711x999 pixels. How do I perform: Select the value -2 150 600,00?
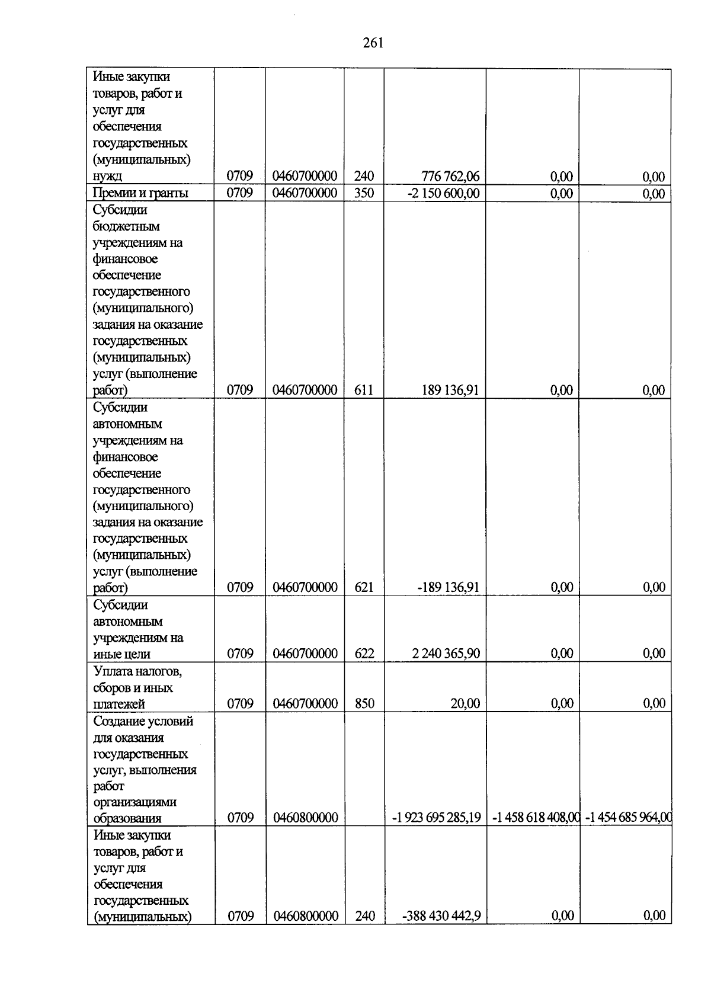point(444,193)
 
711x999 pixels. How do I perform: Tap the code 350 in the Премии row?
point(364,193)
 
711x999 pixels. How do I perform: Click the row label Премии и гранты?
point(141,193)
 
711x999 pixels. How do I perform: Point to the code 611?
point(364,390)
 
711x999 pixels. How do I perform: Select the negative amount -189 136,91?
point(448,587)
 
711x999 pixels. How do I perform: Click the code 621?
point(364,587)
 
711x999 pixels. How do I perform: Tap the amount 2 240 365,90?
point(446,654)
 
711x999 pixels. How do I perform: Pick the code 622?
point(364,654)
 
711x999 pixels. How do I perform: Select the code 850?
point(364,703)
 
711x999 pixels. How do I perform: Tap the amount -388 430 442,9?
point(441,916)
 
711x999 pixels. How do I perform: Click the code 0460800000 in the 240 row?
point(306,916)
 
